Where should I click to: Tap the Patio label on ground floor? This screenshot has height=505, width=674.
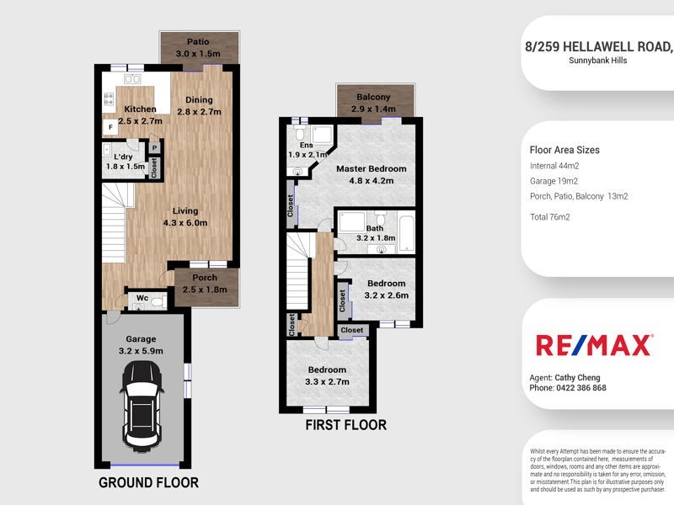198,42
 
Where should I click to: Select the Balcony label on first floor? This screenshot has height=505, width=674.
372,98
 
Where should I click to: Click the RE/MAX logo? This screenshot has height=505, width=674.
594,345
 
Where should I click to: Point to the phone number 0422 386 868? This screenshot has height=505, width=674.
580,388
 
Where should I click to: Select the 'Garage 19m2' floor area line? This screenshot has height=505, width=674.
554,181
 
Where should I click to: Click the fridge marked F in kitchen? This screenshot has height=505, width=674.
110,128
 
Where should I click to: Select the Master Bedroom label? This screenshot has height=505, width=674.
371,168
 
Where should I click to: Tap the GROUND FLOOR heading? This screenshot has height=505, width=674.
148,483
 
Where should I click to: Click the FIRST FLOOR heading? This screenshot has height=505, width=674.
346,425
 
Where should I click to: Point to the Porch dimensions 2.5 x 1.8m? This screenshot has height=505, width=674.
204,290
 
